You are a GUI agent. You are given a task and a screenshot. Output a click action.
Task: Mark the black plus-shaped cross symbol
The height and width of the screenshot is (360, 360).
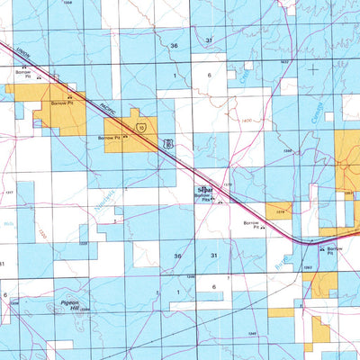pyautogui.click(x=312, y=68)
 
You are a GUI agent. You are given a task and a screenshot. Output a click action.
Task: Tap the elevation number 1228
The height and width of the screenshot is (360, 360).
pyautogui.click(x=84, y=242)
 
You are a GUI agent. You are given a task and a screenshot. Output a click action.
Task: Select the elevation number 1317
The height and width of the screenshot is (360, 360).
pyautogui.click(x=8, y=192)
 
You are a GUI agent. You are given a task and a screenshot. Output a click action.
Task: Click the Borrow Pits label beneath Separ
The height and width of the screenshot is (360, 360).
pyautogui.click(x=207, y=200)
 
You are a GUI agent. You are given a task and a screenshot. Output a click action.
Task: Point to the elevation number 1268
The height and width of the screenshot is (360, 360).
pyautogui.click(x=287, y=151)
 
